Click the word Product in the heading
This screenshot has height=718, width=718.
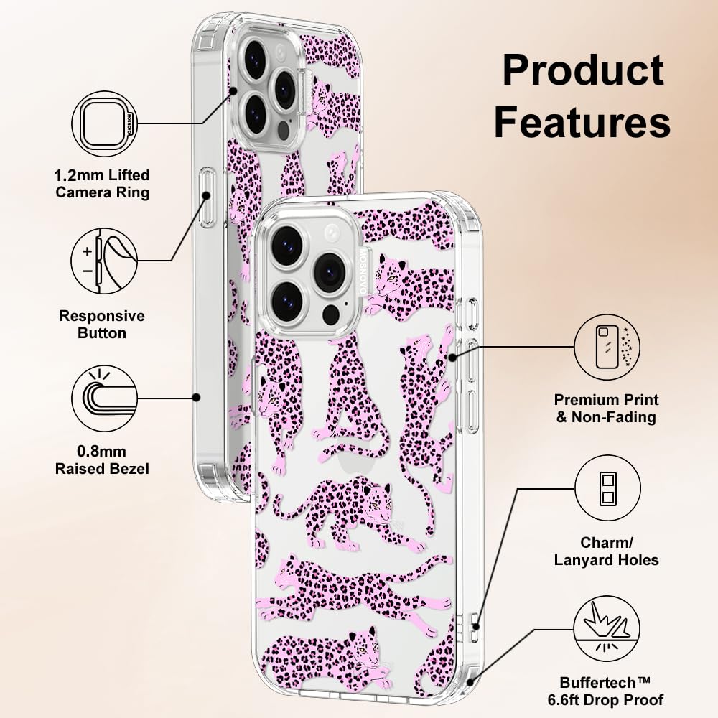(583, 70)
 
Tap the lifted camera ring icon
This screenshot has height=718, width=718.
(105, 124)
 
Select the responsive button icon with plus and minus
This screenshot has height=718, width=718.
(104, 261)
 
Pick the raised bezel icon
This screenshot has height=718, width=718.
(105, 398)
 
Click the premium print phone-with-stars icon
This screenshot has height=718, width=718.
(607, 347)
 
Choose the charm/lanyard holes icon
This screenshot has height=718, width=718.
(607, 488)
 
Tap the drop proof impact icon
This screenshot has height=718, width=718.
(607, 629)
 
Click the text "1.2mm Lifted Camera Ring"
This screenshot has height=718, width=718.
(102, 184)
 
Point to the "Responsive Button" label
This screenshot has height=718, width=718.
(102, 325)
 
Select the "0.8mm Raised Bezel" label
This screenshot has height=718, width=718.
(102, 460)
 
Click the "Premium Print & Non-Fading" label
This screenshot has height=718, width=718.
(606, 409)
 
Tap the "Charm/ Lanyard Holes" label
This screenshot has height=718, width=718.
(606, 551)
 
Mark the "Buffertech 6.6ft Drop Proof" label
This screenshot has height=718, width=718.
(605, 691)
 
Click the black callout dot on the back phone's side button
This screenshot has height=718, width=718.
(207, 195)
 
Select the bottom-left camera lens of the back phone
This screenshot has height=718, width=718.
(256, 113)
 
